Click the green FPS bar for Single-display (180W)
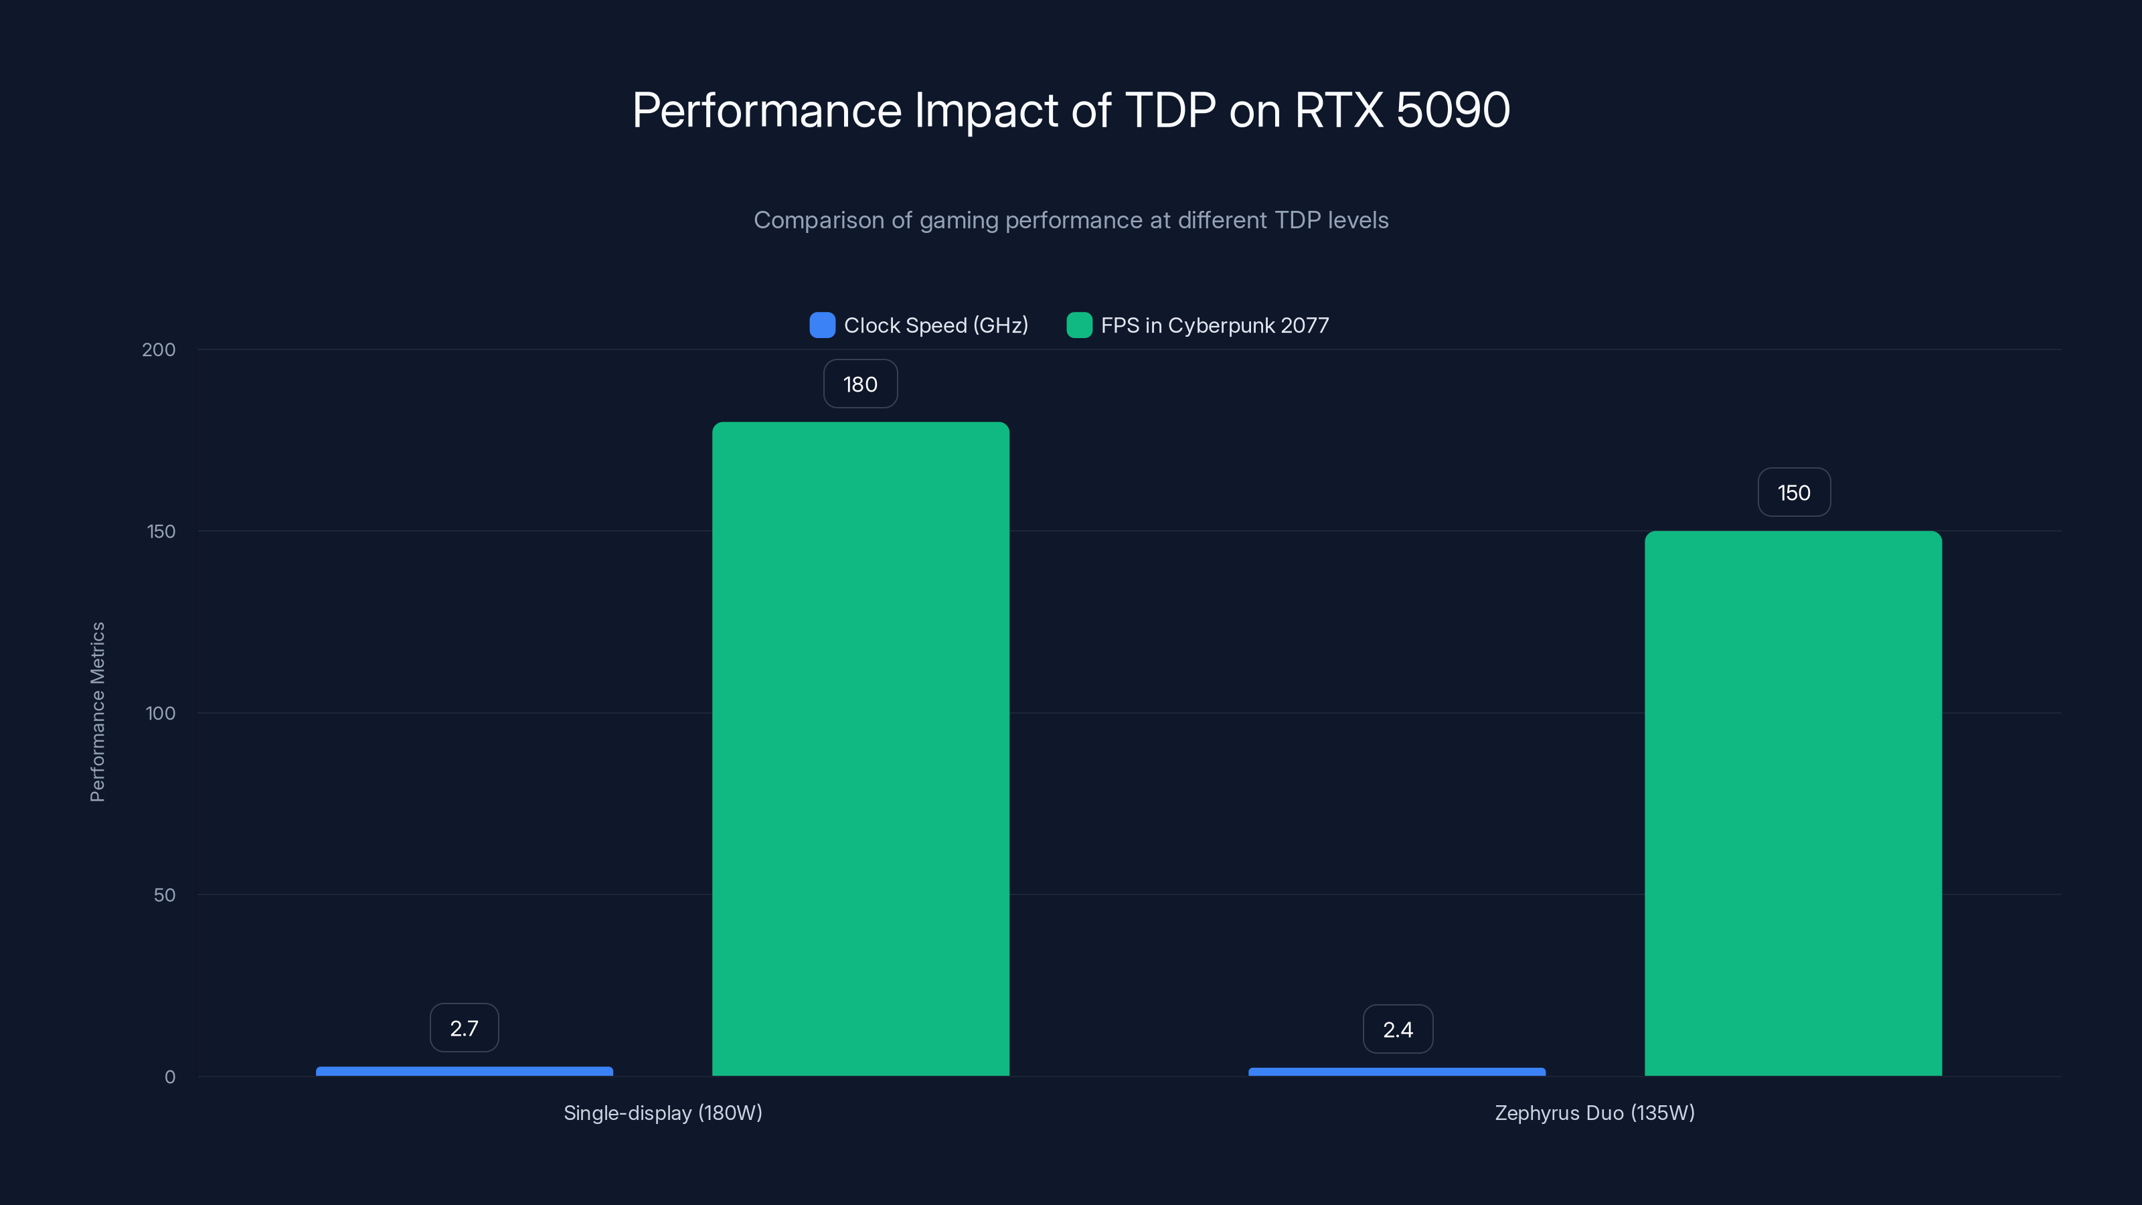[x=861, y=748]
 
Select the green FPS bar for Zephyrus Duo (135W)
[x=1793, y=803]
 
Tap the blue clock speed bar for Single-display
[x=464, y=1071]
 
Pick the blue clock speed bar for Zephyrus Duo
[x=1397, y=1072]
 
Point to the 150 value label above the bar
[x=1794, y=492]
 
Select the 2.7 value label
[x=464, y=1028]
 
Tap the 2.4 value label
[x=1398, y=1030]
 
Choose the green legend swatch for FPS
[x=1079, y=325]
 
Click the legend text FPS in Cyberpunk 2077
[x=1215, y=325]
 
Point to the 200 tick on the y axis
[x=159, y=349]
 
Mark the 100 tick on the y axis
[x=161, y=713]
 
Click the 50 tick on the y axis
[x=165, y=895]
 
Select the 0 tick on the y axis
[x=169, y=1077]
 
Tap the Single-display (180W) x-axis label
[x=663, y=1113]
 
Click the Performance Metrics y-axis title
[x=97, y=712]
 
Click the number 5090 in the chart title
[x=1453, y=110]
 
